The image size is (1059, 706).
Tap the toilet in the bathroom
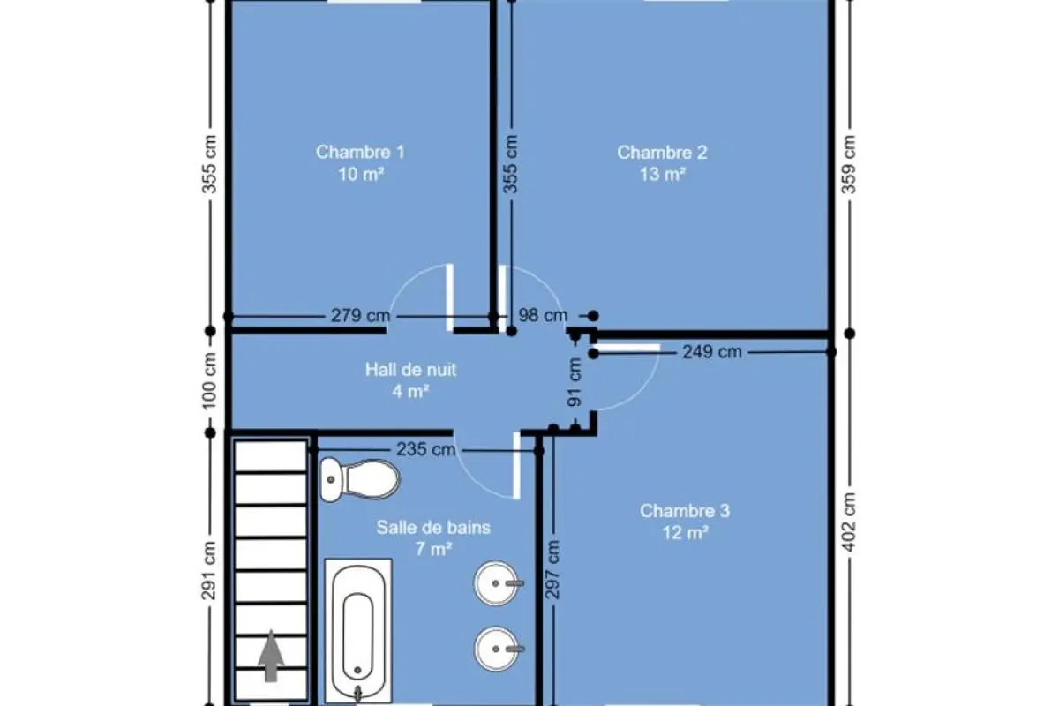(360, 479)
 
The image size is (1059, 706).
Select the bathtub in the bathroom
(358, 632)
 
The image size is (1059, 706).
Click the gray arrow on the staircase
(271, 656)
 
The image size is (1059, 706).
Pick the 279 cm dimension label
(361, 315)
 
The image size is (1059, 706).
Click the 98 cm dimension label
(543, 315)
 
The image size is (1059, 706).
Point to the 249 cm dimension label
(712, 352)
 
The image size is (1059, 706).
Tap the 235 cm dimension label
(426, 449)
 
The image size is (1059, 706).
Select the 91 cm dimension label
(575, 382)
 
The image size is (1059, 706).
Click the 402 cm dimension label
(849, 522)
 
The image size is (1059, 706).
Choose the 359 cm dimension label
(849, 164)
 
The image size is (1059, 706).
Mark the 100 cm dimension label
(209, 381)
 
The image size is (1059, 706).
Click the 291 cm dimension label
(209, 571)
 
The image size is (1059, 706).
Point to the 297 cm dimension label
(552, 569)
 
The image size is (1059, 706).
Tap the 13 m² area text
(663, 175)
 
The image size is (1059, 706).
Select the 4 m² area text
(411, 392)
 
